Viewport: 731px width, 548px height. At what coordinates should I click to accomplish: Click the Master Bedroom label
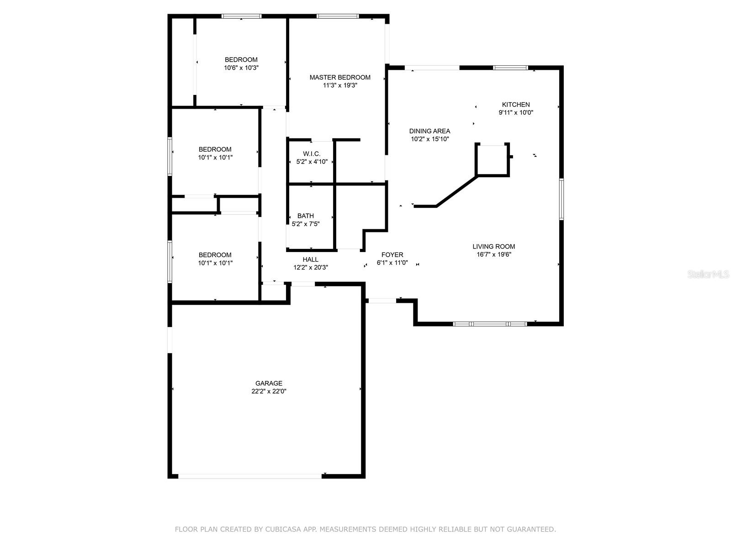[340, 77]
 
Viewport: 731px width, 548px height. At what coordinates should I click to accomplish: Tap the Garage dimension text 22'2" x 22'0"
[269, 391]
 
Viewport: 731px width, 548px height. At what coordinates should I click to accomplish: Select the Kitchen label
[516, 105]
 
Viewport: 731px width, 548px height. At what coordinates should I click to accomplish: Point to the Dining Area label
[429, 131]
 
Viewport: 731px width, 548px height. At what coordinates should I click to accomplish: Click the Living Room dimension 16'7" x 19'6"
[493, 254]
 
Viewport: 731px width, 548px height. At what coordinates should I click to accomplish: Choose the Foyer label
[392, 255]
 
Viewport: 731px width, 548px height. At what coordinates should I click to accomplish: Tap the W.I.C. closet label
[312, 154]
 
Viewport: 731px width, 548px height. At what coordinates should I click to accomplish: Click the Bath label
[306, 216]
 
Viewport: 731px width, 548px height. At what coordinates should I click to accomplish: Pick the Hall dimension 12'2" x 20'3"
[311, 268]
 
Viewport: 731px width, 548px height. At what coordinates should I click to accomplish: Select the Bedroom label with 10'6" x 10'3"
[241, 59]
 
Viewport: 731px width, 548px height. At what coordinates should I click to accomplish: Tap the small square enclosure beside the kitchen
[492, 160]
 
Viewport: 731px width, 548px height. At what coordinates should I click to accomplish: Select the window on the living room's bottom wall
[490, 324]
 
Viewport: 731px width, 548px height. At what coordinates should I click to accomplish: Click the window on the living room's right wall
[561, 199]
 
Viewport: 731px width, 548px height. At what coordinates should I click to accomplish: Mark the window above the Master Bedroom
[338, 16]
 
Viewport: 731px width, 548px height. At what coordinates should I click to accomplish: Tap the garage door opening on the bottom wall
[249, 476]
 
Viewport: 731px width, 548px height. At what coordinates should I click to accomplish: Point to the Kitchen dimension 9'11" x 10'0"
[516, 112]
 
